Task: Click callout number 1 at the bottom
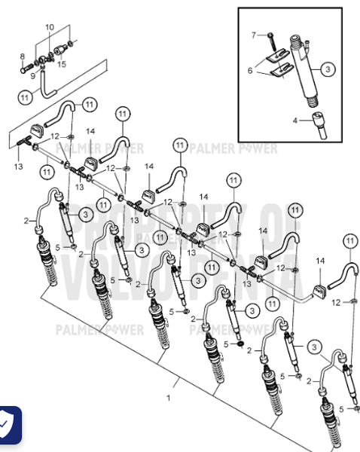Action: point(169,397)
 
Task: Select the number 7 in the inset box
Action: point(254,35)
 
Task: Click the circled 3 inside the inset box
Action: point(328,69)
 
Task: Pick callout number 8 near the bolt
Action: point(22,56)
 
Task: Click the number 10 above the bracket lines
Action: point(50,27)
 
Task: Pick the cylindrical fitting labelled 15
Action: point(57,54)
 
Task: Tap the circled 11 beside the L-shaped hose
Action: point(25,96)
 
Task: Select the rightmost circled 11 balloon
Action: point(349,241)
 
